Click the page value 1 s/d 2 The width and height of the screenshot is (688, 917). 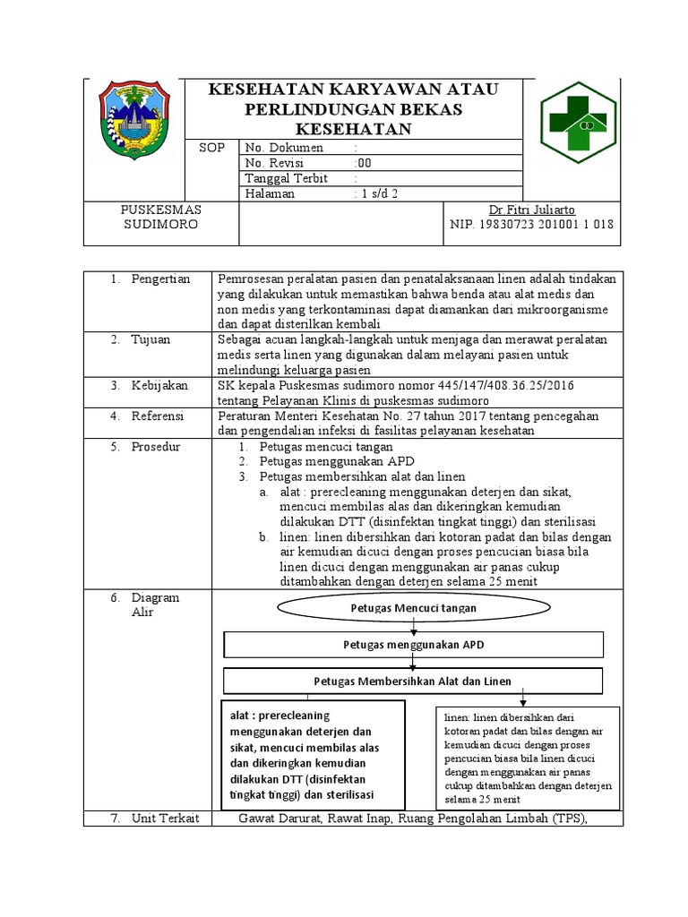point(376,193)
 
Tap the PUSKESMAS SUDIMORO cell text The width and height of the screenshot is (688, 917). point(160,217)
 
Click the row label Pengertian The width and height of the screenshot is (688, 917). point(160,279)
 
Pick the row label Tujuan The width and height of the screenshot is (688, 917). point(150,340)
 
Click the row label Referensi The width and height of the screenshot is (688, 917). point(158,416)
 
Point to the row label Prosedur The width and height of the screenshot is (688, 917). point(157,446)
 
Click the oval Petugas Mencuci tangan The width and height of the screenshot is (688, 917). point(413,608)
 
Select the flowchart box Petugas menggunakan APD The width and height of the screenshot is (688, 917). point(413,645)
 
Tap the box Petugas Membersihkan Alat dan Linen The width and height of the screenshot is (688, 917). point(413,681)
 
